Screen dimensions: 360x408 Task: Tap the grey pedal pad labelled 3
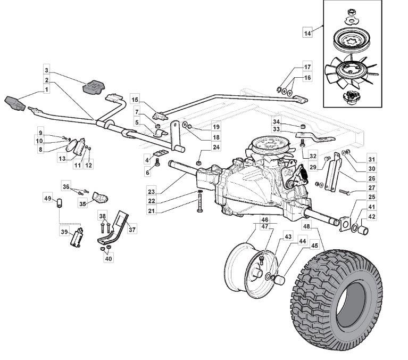pos(95,85)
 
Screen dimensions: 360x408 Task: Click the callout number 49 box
pos(47,199)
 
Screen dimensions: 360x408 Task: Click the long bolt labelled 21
pos(199,203)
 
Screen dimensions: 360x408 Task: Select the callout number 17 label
pos(307,67)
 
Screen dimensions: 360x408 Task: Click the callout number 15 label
pos(135,100)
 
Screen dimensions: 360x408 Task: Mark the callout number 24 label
pos(201,147)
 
